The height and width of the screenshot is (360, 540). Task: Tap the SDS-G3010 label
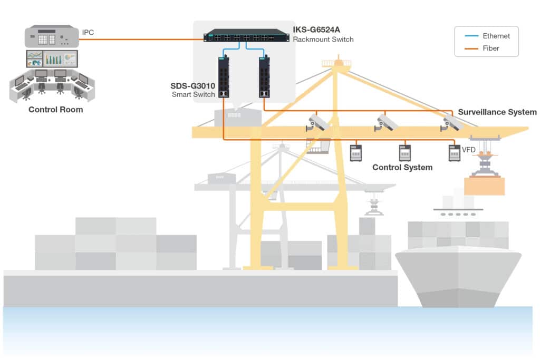193,85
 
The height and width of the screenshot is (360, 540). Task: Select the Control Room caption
55,110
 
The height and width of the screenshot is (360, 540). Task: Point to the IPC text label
88,33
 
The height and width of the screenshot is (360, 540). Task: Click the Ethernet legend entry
496,36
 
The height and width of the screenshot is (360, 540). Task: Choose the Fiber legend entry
490,48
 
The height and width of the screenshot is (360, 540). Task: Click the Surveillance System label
497,112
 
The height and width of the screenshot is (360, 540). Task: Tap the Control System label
402,168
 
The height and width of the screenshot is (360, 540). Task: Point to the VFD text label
469,150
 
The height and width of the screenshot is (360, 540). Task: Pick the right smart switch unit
265,77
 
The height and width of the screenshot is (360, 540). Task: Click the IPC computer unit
52,37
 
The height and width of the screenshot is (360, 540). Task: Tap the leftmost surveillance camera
318,123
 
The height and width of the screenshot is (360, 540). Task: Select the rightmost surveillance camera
452,122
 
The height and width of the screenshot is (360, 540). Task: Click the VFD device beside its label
454,153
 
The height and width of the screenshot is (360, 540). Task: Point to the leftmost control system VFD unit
356,153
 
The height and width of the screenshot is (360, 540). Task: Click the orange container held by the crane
484,186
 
